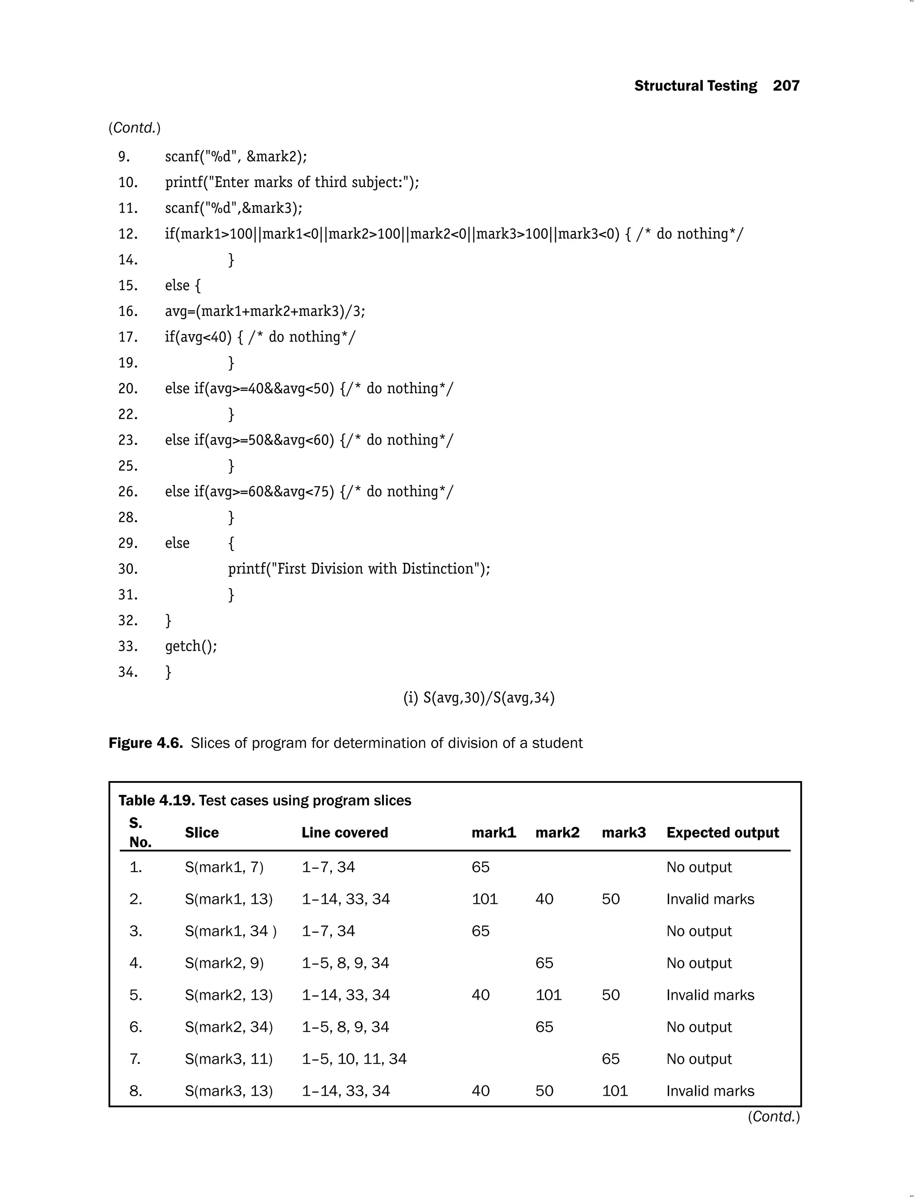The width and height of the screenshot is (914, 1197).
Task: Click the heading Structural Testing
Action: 695,86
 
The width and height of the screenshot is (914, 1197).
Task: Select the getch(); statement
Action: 191,646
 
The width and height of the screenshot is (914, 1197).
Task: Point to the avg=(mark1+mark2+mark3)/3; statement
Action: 265,311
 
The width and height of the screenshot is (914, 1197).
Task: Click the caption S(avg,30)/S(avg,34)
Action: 479,698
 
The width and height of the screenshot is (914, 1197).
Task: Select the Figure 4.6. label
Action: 145,743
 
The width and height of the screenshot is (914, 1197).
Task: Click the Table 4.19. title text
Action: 264,800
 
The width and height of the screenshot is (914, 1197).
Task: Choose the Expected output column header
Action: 722,832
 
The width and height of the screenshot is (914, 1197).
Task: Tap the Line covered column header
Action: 345,832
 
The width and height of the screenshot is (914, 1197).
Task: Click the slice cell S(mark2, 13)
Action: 228,995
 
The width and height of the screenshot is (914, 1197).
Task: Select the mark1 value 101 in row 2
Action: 484,899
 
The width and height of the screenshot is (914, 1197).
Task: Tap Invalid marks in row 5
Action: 710,995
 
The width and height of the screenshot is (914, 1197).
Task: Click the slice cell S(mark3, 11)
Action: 228,1059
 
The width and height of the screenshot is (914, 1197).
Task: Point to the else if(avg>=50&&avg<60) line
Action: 308,440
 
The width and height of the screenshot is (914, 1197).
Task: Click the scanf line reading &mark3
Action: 233,208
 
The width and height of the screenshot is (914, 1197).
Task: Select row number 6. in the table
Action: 136,1027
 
